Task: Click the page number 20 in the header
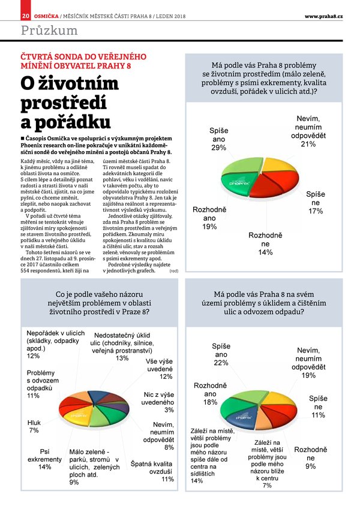pos(25,16)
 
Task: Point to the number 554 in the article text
pos(28,271)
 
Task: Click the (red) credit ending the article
pos(173,272)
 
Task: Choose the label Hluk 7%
pos(34,426)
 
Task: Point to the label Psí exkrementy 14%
pos(44,459)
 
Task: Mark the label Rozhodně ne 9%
pos(310,457)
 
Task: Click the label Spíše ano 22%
pos(221,354)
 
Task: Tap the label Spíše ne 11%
pos(318,406)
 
